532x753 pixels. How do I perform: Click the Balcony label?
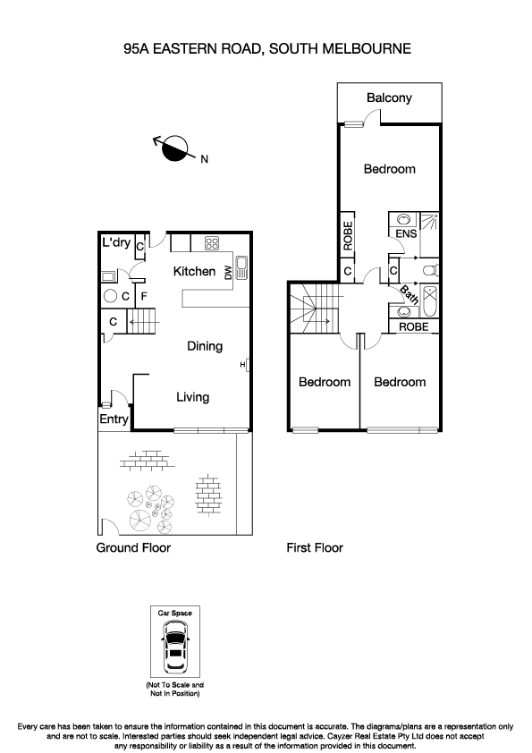click(389, 97)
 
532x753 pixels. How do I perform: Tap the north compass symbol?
click(175, 148)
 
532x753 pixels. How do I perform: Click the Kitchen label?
click(194, 271)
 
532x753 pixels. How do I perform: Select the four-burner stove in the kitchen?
click(213, 242)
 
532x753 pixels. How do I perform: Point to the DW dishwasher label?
click(228, 271)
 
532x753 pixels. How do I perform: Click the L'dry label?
click(116, 242)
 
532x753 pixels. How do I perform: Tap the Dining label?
click(205, 346)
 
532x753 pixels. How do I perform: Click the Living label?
click(192, 397)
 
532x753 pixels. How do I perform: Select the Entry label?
click(114, 419)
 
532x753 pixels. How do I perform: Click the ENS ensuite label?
click(404, 234)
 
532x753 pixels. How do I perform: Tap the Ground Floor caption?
click(133, 547)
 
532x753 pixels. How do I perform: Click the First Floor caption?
click(315, 547)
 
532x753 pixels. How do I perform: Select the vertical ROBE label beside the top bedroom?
click(348, 234)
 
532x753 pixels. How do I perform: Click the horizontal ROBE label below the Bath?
click(413, 327)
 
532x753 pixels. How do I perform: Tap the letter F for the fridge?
click(143, 295)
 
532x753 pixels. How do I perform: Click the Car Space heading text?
click(175, 613)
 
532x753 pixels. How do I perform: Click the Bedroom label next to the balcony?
click(389, 169)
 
